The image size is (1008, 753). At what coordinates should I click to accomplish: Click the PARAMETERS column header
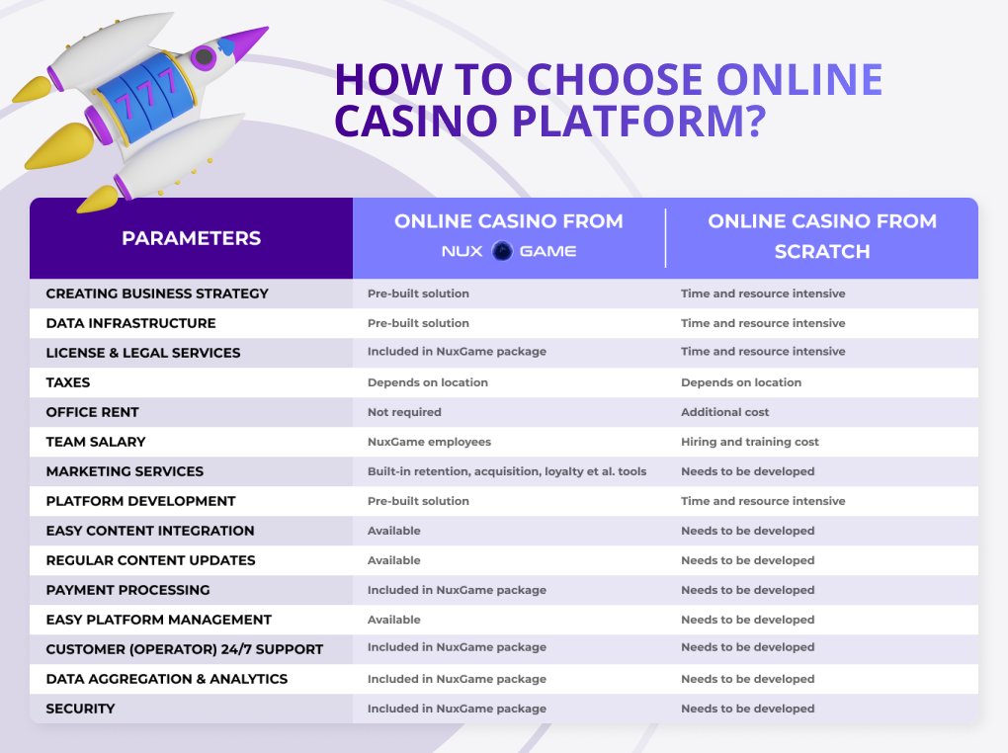tap(191, 238)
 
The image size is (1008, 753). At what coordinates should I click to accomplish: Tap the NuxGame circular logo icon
tap(501, 251)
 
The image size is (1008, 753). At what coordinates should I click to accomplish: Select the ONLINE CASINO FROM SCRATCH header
tap(822, 236)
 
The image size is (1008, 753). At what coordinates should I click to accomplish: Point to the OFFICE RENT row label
tap(92, 412)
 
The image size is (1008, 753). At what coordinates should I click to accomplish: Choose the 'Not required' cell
tap(404, 412)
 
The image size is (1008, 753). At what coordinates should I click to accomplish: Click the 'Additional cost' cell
tap(724, 412)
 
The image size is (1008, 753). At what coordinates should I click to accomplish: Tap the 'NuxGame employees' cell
tap(429, 442)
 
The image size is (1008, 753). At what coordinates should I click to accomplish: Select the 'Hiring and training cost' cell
tap(749, 442)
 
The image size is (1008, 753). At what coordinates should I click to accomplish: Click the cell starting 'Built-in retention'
tap(506, 471)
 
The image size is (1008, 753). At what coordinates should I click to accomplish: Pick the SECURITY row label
tap(80, 709)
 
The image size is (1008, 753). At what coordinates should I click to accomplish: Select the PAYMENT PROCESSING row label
tap(127, 590)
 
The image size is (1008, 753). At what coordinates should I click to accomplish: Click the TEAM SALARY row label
tap(95, 442)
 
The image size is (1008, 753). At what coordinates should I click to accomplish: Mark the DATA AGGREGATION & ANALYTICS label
tap(166, 679)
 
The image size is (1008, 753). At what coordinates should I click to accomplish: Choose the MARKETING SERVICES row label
tap(125, 471)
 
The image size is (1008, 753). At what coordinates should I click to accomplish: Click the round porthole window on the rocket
tap(206, 58)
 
